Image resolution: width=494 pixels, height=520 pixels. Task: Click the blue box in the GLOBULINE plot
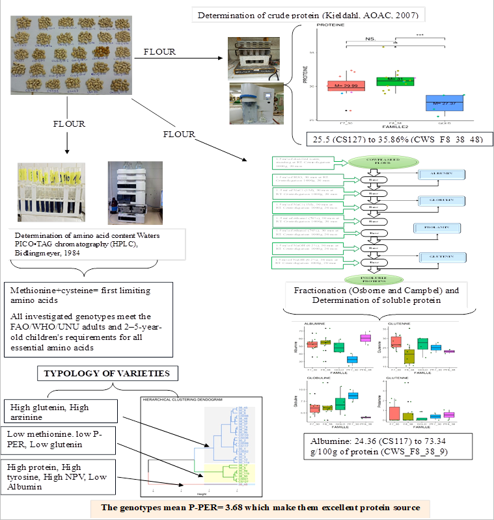pyautogui.click(x=352, y=395)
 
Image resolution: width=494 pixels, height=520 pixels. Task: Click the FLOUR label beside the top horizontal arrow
pyautogui.click(x=160, y=51)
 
